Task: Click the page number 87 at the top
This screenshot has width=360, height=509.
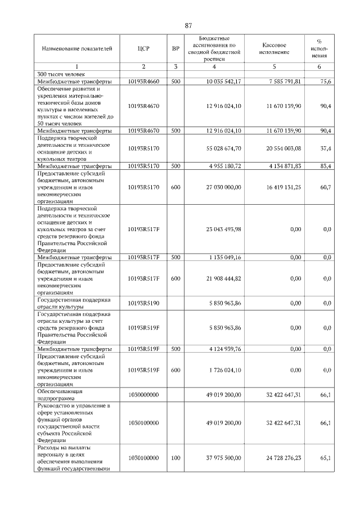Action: point(188,25)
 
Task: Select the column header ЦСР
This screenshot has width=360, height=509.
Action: point(143,48)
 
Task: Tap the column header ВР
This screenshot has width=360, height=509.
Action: point(175,48)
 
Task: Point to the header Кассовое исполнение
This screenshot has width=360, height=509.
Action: point(274,48)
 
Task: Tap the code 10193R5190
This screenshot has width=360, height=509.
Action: point(143,303)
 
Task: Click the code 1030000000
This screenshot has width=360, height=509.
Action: point(143,395)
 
